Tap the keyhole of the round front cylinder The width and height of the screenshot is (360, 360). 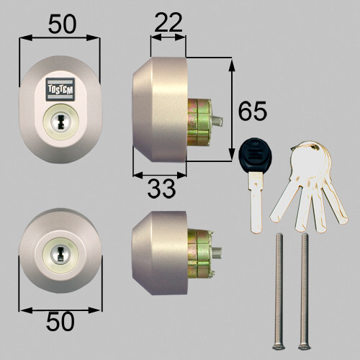coord(59,253)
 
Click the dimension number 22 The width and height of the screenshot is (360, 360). coord(168,24)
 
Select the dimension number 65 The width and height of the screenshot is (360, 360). coord(253,112)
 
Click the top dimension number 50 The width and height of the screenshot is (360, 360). coord(63,24)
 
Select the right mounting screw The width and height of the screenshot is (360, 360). coord(305,288)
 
